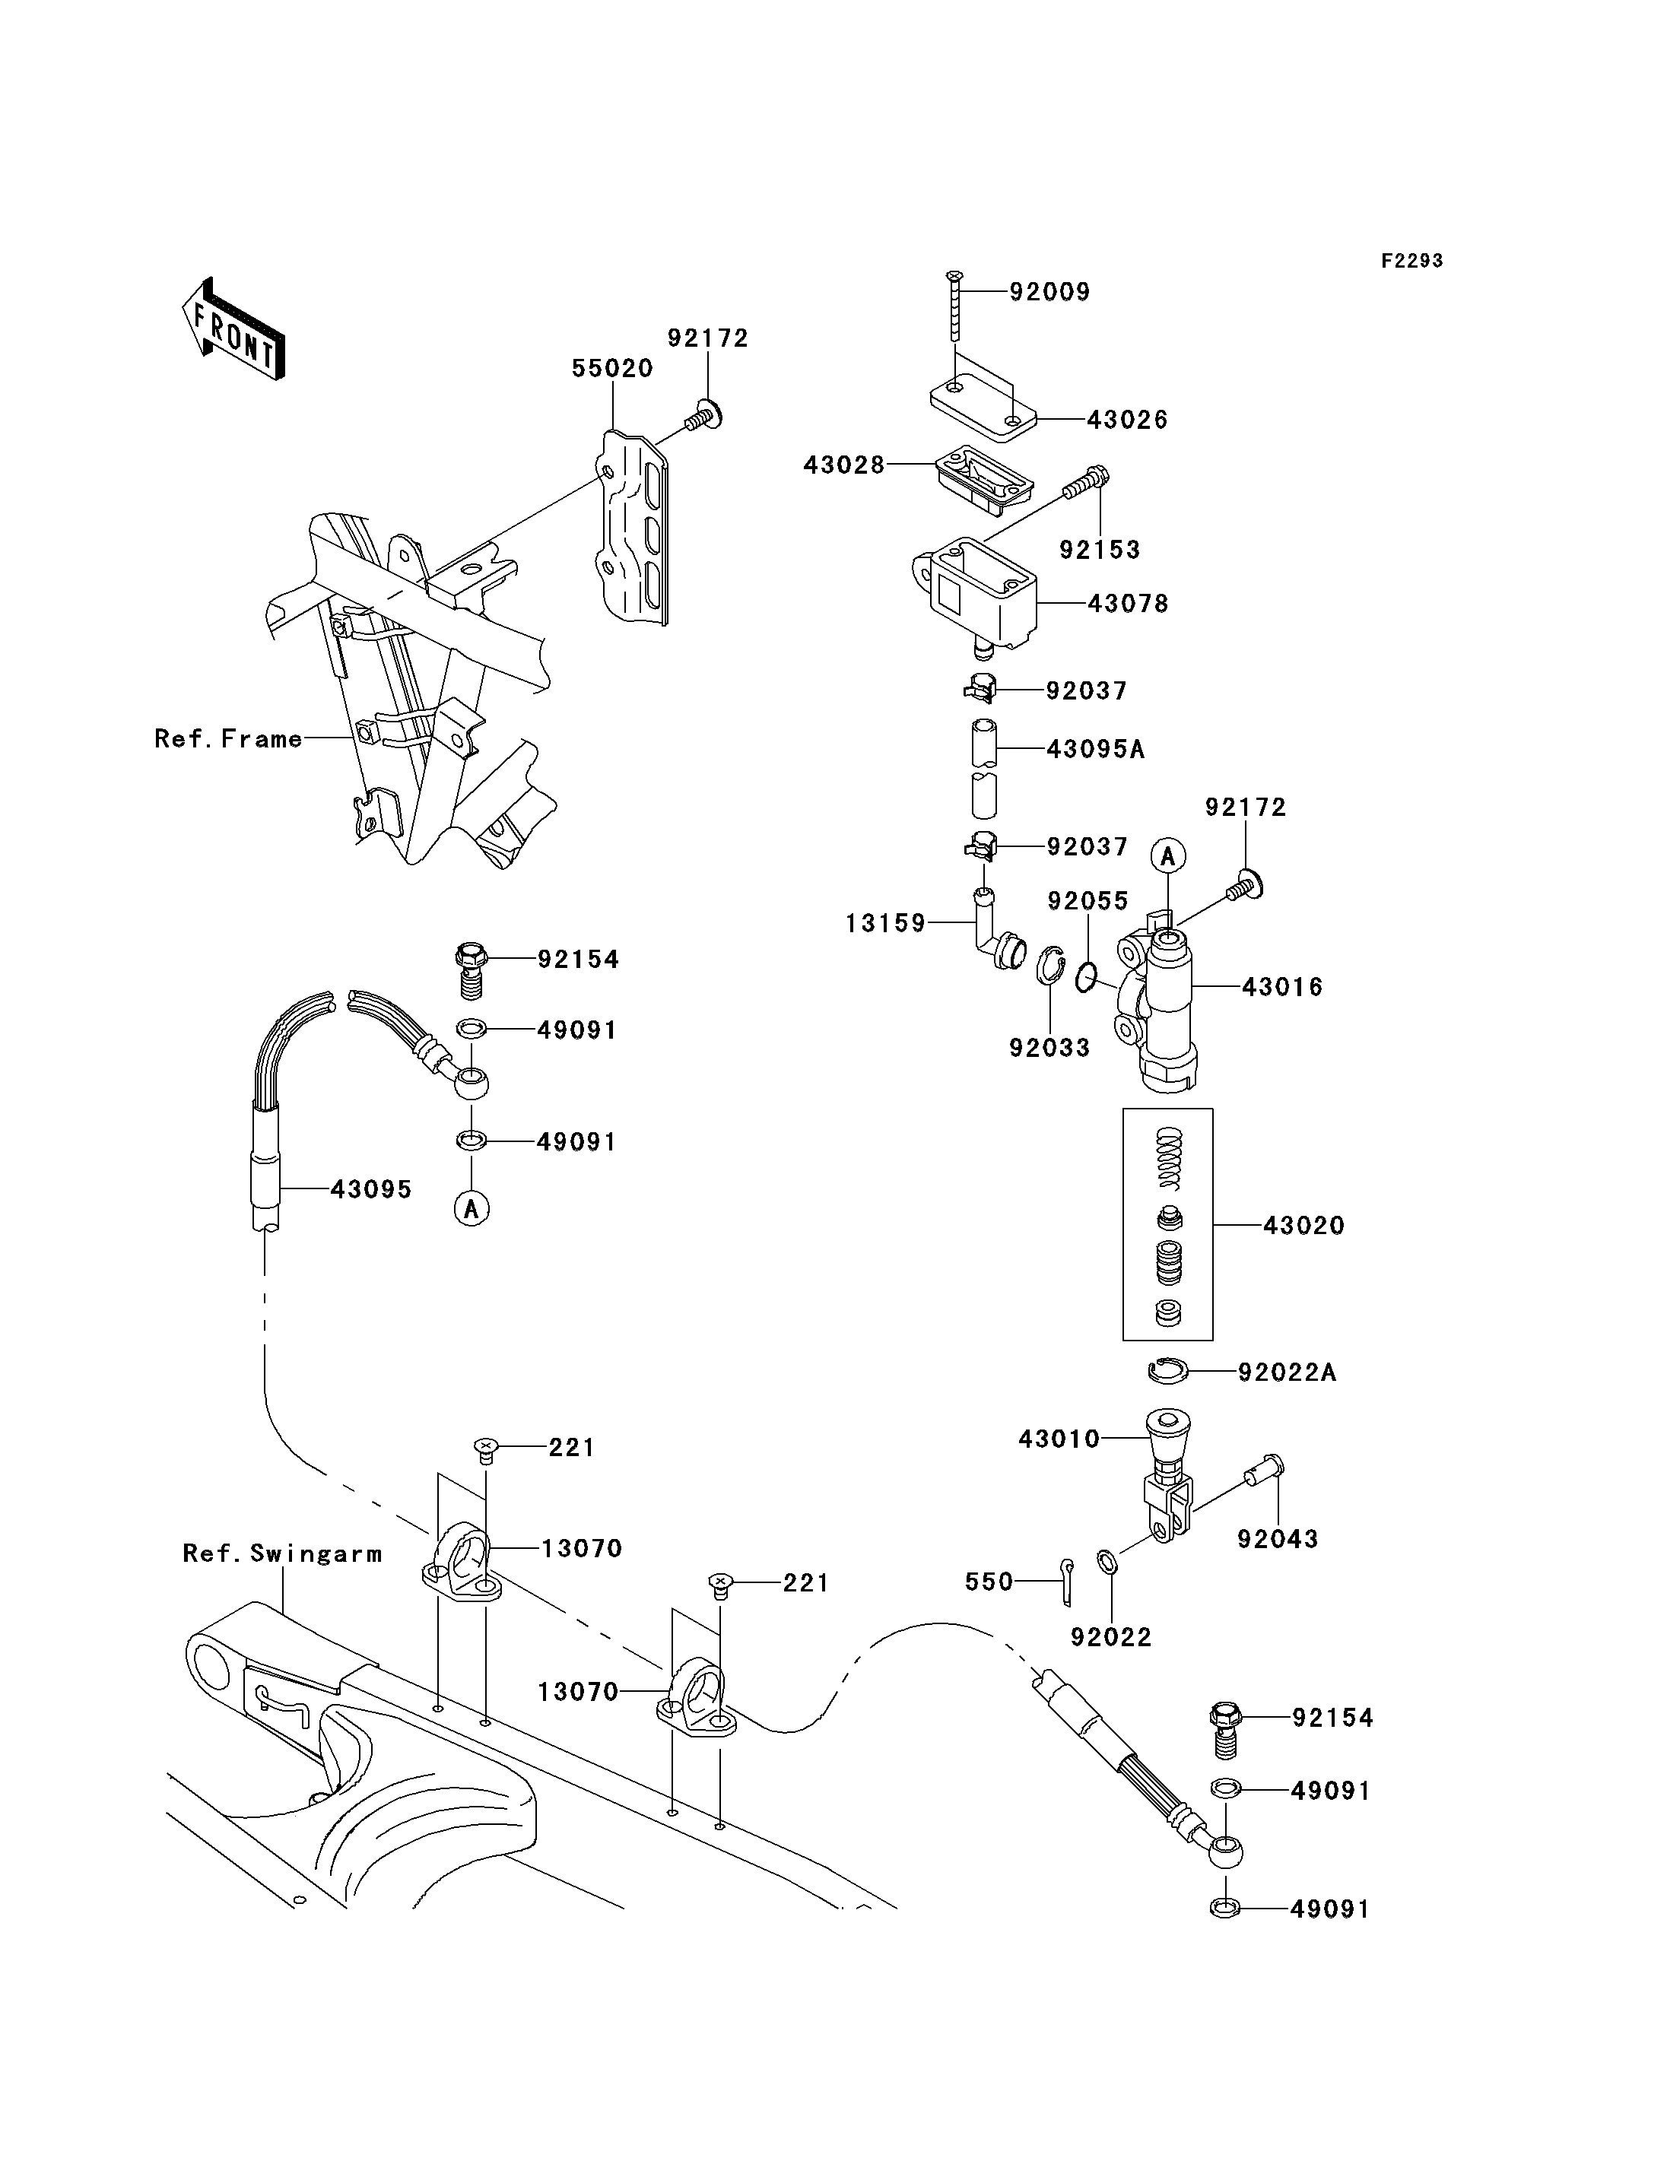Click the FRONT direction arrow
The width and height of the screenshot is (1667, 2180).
coord(233,329)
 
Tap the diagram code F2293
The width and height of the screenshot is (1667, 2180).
coord(1412,261)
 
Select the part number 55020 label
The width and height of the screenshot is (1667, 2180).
coord(612,368)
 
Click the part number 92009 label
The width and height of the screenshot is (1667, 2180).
coord(1049,292)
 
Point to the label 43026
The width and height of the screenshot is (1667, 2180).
coord(1127,420)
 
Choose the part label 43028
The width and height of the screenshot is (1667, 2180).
coord(843,465)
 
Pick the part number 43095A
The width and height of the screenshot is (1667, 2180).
coord(1095,749)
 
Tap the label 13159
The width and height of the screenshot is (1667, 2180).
coord(885,924)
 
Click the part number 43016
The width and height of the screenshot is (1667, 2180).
coord(1282,986)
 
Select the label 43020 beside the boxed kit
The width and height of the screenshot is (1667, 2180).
coord(1303,1226)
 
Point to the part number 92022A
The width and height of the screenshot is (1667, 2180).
coord(1287,1372)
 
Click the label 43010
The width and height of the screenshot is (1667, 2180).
coord(1059,1439)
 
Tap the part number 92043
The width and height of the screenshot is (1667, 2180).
coord(1277,1539)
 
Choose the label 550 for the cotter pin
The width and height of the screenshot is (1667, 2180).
coord(989,1582)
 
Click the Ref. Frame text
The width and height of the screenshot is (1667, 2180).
coord(228,738)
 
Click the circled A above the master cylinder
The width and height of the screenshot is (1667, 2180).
coord(1169,855)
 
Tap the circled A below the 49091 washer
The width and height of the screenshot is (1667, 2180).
coord(472,1207)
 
